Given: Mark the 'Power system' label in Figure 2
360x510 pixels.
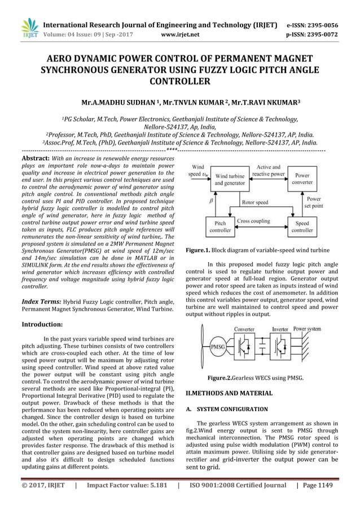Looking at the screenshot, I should tap(308, 328).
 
